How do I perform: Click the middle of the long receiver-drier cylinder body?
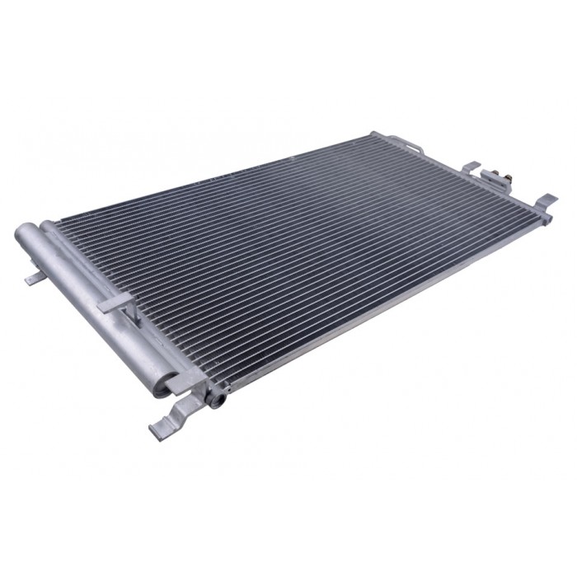click(91, 305)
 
